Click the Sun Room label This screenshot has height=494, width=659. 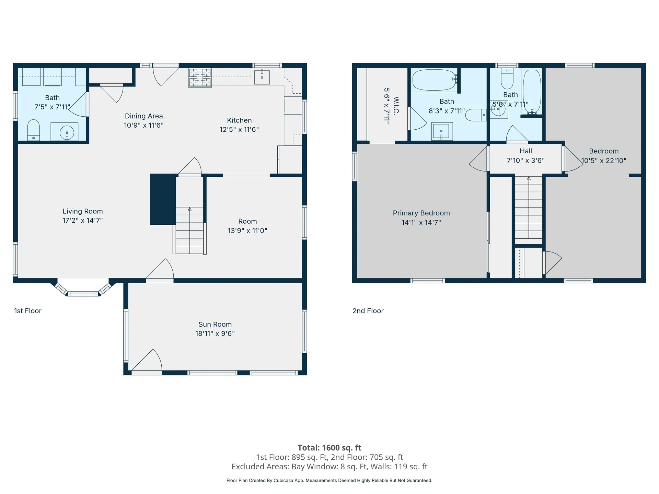coord(215,324)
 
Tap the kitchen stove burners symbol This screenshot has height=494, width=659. coord(199,77)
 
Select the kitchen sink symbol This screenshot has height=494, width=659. coord(262,77)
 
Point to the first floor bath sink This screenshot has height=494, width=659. coord(67,132)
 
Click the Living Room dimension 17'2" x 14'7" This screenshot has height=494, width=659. coord(82,221)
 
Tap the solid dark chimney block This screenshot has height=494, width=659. coord(163,199)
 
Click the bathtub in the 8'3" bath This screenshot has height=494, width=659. coord(434,80)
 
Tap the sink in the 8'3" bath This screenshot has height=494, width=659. coord(442,131)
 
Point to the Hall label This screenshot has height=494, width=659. coord(525,151)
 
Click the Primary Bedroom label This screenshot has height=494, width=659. coord(421,213)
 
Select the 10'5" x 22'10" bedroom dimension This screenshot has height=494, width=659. coord(604,161)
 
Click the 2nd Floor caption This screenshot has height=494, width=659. coord(368,311)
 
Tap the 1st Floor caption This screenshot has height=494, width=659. coord(28,311)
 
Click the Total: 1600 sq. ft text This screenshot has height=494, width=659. coord(329,448)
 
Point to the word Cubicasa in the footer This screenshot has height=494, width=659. coord(284,481)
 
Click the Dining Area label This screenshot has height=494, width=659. coord(143,116)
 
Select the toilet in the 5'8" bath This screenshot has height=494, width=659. coord(507,79)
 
